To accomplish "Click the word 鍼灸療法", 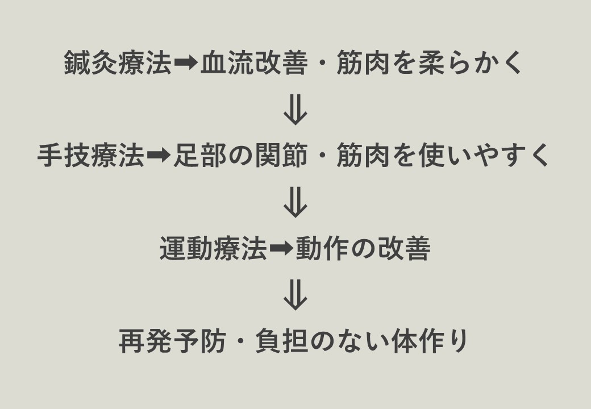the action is click(118, 62).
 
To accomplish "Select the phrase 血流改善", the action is click(254, 62).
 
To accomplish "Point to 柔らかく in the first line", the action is click(470, 62).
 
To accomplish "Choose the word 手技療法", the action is click(90, 155).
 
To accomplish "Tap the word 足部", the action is click(200, 155).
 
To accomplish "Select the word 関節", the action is click(281, 155).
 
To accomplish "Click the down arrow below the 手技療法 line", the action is click(295, 202).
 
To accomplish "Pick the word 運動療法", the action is click(213, 248).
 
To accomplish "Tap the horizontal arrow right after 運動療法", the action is click(281, 249).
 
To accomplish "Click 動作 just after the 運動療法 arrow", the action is click(322, 248).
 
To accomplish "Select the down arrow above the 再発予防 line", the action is click(295, 295).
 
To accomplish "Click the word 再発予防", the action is click(173, 341).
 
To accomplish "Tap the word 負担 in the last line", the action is click(281, 341).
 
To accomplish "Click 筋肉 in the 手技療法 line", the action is click(363, 155).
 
